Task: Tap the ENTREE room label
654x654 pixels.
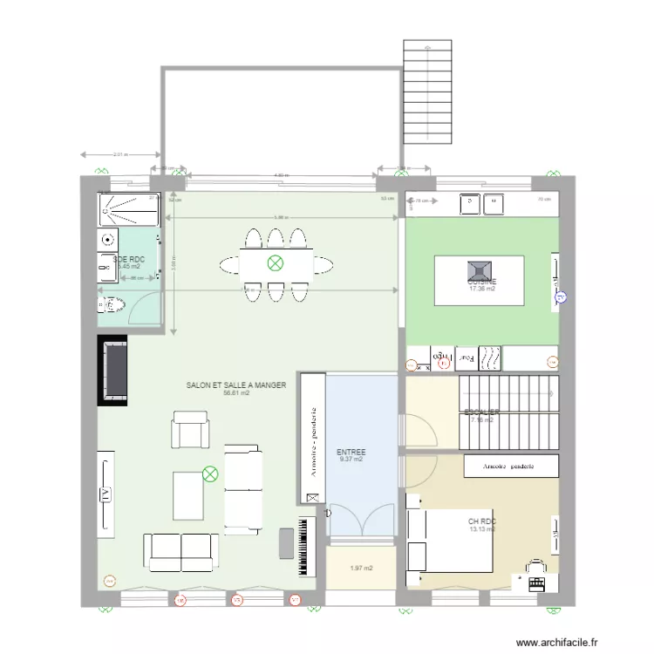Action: click(x=351, y=453)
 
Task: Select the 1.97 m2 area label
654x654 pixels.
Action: click(x=361, y=569)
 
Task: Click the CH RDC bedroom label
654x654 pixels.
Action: click(x=481, y=521)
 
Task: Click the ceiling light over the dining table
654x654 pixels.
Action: click(x=276, y=262)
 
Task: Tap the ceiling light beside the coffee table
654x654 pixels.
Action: click(x=210, y=474)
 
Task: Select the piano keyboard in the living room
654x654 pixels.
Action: click(x=304, y=545)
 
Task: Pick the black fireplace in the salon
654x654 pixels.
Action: click(x=113, y=371)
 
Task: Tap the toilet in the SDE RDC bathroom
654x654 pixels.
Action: click(x=108, y=304)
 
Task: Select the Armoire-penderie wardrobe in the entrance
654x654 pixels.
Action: click(x=312, y=439)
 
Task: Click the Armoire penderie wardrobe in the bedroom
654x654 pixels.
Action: click(x=510, y=467)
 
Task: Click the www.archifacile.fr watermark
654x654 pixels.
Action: click(x=558, y=643)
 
